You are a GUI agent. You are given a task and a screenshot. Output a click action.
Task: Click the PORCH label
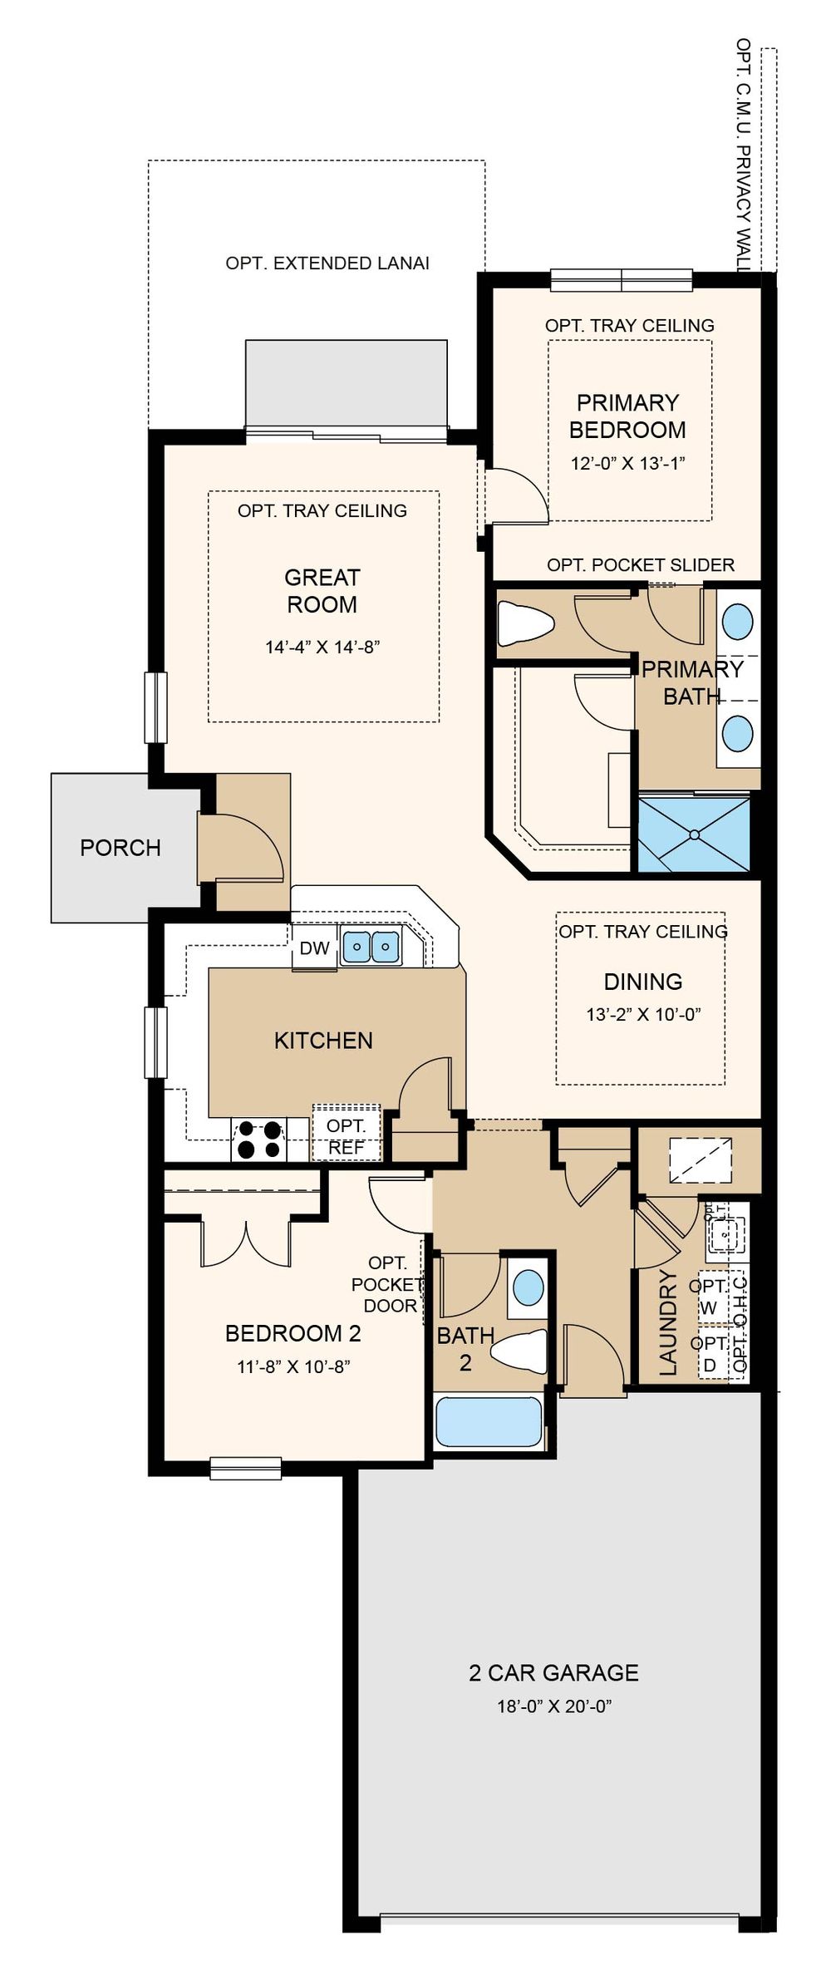point(120,848)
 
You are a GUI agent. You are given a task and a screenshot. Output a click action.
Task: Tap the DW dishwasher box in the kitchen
point(315,948)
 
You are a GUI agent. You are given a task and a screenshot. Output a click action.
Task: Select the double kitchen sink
point(371,946)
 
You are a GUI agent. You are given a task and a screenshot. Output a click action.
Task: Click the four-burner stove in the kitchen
point(258,1140)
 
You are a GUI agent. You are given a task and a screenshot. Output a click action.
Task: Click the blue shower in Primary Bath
point(694,834)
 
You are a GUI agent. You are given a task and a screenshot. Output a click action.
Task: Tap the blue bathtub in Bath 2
point(489,1421)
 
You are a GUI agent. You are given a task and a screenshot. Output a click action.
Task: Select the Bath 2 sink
point(529,1287)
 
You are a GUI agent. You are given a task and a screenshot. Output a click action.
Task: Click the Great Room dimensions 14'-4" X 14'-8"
point(322,647)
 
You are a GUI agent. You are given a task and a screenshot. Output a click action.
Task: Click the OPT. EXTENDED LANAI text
point(327,263)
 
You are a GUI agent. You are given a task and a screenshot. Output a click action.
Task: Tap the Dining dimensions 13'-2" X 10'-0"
point(643,1014)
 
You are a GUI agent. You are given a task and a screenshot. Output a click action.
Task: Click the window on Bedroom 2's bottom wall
point(245,1469)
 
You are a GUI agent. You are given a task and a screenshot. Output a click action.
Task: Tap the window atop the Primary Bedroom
point(622,280)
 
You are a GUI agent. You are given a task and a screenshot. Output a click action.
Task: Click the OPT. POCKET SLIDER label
point(641,565)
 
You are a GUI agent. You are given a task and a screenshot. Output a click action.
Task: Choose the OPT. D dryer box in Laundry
point(711,1356)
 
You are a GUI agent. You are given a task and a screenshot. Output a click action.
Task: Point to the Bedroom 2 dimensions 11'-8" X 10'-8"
point(293,1367)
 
